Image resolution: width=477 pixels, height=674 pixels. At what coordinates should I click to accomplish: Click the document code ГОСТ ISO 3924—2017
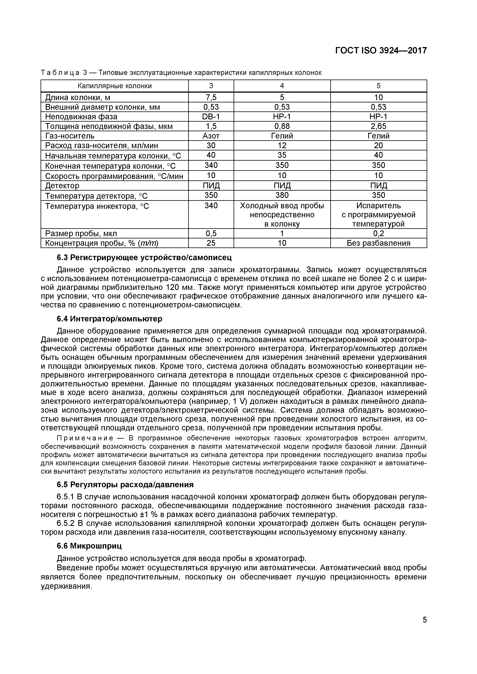[381, 51]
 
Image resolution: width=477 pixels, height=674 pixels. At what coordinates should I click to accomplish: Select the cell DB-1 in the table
[211, 117]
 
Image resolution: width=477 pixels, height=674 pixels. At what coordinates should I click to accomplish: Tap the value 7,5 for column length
[211, 97]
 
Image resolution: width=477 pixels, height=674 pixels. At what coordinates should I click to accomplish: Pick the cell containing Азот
[211, 136]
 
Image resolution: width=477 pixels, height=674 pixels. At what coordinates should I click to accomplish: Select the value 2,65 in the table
[378, 126]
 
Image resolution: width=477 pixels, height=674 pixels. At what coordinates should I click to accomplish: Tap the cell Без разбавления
[378, 243]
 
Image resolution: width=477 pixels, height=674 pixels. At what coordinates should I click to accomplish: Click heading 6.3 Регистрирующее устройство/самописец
[144, 257]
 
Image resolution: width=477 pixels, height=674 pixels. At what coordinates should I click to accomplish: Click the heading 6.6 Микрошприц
[89, 546]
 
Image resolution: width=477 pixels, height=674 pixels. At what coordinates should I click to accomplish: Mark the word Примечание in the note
[85, 438]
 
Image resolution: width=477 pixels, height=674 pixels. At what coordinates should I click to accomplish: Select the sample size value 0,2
[378, 233]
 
